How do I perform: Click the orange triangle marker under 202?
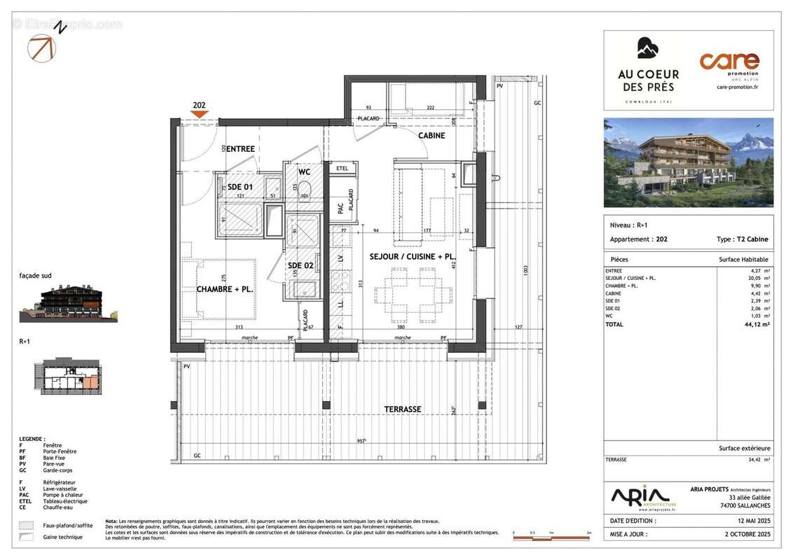point(200,115)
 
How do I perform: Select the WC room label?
point(305,171)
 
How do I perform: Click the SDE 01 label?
point(239,187)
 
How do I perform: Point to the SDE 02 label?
point(301,265)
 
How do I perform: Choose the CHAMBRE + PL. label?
point(223,289)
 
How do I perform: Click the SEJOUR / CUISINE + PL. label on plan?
point(413,257)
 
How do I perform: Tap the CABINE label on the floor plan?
point(432,135)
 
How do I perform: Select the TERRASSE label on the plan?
point(403,409)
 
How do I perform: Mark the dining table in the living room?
point(413,295)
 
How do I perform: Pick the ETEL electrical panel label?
point(342,169)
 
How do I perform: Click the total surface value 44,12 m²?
point(756,325)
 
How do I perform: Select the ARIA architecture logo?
point(644,497)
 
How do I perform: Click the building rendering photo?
point(689,162)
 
